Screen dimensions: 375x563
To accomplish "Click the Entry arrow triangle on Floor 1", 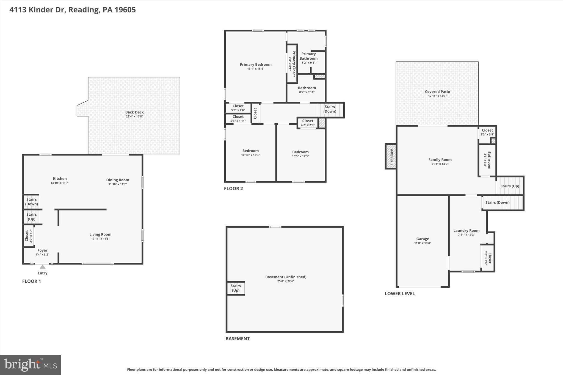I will (42, 267).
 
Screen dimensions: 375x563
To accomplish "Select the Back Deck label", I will (134, 112).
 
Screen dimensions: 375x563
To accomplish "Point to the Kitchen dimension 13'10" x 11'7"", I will (60, 183).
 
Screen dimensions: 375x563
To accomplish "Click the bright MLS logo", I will (31, 365).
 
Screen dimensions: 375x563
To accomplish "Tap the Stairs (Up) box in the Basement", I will (236, 288).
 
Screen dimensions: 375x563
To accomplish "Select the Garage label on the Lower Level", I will (423, 239).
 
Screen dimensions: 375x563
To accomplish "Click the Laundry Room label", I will (466, 230).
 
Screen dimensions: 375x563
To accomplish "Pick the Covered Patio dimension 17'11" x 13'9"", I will (437, 96).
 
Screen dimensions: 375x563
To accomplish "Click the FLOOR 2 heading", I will (233, 188).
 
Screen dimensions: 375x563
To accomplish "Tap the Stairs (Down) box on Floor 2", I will (330, 109).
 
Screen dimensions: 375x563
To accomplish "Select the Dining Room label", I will (118, 180).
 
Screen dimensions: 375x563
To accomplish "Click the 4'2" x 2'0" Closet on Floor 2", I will (308, 123).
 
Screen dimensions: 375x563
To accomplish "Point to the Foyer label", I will (42, 250).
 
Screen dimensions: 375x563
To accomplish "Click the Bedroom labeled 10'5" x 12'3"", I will (300, 154).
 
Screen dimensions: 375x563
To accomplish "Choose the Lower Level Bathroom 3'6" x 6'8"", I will (487, 160).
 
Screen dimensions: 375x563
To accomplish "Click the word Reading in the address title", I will (84, 10).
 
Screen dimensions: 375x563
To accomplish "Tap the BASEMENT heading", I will (238, 339).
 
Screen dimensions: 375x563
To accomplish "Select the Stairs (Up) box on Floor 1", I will (31, 217).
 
